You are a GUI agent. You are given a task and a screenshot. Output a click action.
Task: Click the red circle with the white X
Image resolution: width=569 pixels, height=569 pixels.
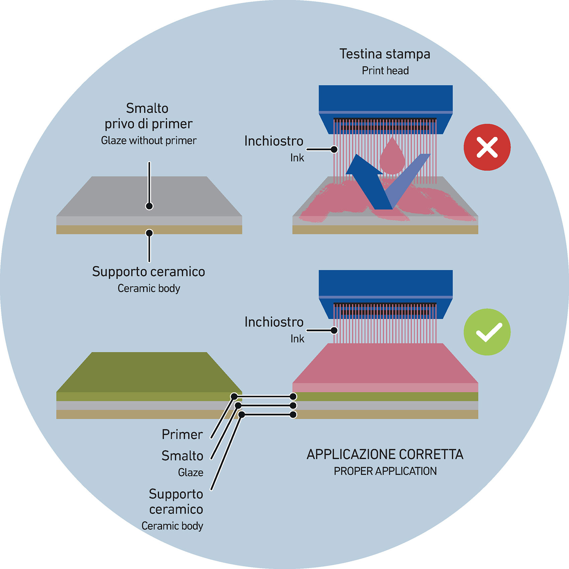click(487, 147)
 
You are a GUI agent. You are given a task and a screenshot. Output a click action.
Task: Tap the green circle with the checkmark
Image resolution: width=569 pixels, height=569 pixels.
click(487, 332)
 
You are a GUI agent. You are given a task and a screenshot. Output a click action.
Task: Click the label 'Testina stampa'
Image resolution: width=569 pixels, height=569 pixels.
click(385, 54)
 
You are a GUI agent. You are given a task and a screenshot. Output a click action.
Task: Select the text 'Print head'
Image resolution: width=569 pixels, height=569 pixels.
click(385, 71)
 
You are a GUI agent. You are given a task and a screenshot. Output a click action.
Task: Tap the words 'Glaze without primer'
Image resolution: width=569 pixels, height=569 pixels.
click(149, 140)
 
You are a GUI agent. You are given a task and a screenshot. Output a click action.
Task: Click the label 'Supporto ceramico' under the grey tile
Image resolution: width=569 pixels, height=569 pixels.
click(149, 272)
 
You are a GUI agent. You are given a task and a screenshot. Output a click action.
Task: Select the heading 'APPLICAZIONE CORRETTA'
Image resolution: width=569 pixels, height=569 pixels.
click(385, 454)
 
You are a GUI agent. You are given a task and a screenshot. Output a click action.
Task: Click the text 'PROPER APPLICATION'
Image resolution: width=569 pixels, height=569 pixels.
click(385, 471)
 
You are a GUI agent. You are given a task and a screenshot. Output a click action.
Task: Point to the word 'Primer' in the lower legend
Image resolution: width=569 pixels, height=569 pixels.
click(182, 435)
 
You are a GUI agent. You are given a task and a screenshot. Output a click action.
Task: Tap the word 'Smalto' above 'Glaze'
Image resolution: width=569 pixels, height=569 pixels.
click(182, 456)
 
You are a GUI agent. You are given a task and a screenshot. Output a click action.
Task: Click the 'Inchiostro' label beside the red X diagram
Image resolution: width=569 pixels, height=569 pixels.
click(274, 141)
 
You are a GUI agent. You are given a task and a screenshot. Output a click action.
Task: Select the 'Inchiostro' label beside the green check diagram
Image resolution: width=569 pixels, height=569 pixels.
click(274, 322)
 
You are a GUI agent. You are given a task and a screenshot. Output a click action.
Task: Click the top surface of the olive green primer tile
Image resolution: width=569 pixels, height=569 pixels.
click(149, 371)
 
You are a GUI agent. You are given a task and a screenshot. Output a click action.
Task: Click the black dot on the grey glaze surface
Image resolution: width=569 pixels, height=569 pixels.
click(149, 206)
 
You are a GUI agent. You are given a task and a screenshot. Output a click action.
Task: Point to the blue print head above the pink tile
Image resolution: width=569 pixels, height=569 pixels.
click(385, 284)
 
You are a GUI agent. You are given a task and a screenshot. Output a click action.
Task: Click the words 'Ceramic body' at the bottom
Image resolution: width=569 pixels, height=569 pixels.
click(172, 526)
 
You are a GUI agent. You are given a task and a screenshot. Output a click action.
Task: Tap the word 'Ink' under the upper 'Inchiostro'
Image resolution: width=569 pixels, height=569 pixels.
click(297, 158)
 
